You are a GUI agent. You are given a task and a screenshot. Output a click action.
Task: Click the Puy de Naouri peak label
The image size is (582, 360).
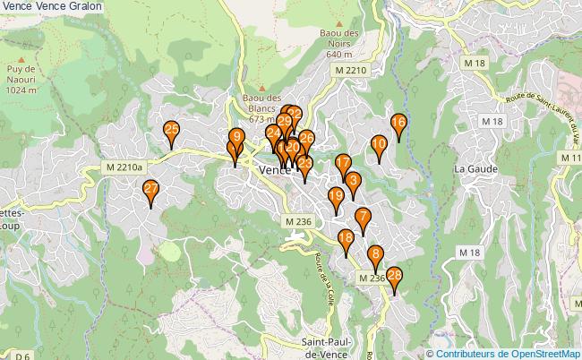[x=20, y=80]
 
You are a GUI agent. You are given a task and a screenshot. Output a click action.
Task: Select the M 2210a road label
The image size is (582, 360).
[x=124, y=167]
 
